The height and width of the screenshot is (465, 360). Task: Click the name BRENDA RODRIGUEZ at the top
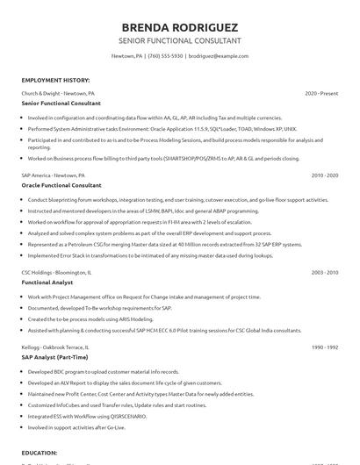(x=179, y=25)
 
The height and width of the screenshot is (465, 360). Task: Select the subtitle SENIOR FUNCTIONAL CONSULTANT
(x=179, y=41)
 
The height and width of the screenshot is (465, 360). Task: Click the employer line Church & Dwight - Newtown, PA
(x=59, y=93)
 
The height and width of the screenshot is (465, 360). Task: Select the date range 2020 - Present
(x=322, y=93)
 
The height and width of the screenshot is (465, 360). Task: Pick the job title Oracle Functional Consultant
(x=61, y=185)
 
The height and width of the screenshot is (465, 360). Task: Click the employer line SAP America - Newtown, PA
(x=57, y=175)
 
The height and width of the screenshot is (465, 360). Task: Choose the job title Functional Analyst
(x=47, y=283)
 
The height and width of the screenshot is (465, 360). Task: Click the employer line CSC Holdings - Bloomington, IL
(x=60, y=273)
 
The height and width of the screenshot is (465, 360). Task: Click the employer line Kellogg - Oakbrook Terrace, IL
(x=61, y=347)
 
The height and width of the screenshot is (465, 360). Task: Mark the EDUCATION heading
(x=40, y=453)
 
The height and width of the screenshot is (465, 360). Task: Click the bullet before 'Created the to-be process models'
(x=24, y=319)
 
